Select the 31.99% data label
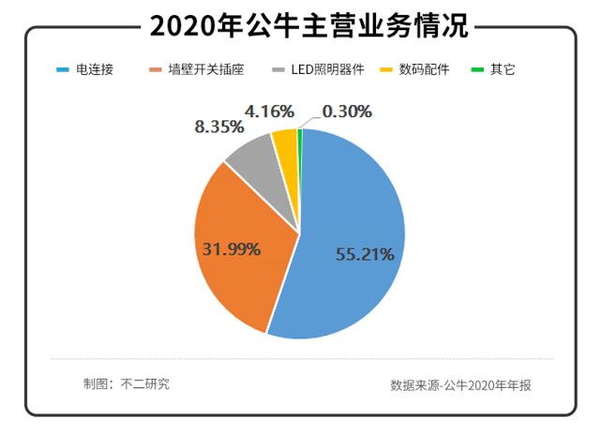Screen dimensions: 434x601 pos(232,248)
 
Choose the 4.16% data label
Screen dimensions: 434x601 pos(270,112)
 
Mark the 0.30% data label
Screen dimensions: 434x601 pos(346,112)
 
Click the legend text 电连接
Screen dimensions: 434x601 pos(94,69)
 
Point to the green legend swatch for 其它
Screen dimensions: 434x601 pos(479,69)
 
